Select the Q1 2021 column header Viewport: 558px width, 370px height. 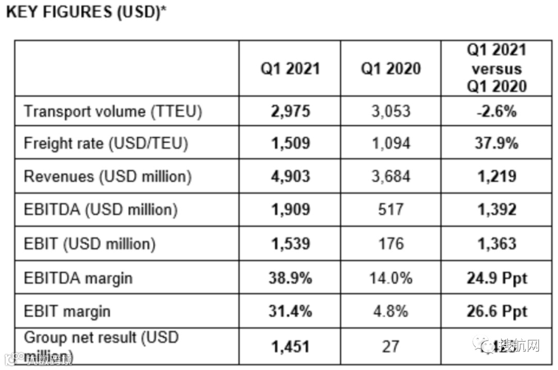[x=289, y=69]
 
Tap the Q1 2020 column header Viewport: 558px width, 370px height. [x=390, y=69]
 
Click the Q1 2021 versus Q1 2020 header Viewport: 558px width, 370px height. [x=497, y=68]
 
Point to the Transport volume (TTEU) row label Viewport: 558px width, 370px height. [x=113, y=111]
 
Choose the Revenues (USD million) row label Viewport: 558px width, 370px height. [x=107, y=176]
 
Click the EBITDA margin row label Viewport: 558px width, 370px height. [x=78, y=278]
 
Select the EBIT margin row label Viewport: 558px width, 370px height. [x=67, y=312]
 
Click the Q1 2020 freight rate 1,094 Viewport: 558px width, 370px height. [x=390, y=143]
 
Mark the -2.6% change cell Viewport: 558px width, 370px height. [x=497, y=111]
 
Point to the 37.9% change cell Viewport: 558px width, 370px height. [x=497, y=143]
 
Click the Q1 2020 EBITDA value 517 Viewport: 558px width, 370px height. [x=390, y=210]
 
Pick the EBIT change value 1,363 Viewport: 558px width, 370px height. [x=497, y=244]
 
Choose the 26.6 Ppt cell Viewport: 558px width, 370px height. [x=497, y=312]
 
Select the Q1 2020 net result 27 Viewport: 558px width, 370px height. [x=390, y=346]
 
